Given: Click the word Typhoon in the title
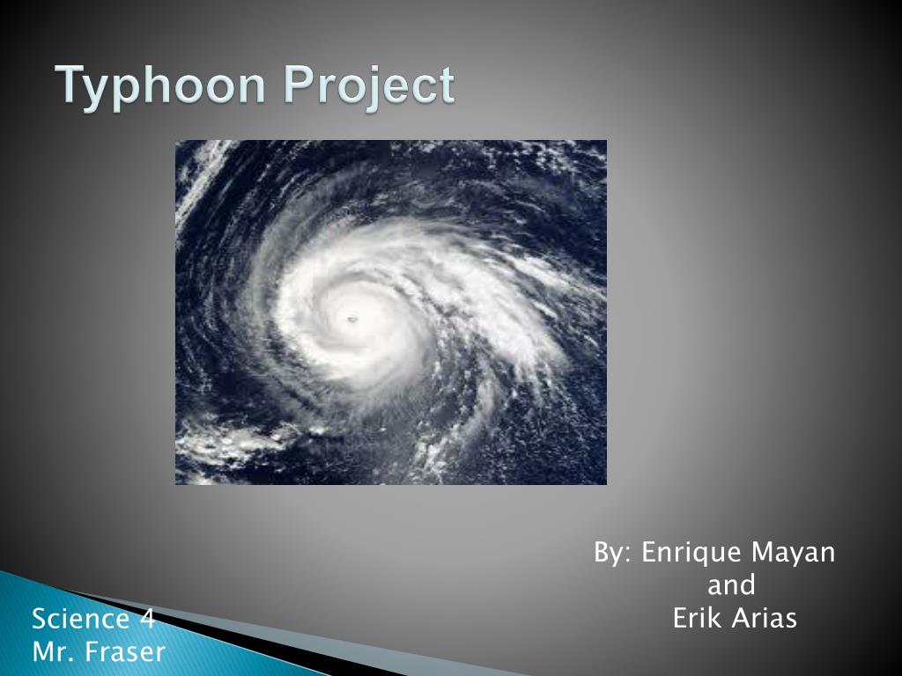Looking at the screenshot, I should [164, 87].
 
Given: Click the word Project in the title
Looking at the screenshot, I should [370, 87].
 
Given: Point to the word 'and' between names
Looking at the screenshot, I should [732, 585].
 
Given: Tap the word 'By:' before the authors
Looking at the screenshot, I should [613, 554].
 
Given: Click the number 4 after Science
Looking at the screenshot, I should [147, 620].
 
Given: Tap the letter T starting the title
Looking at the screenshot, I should [69, 86].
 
